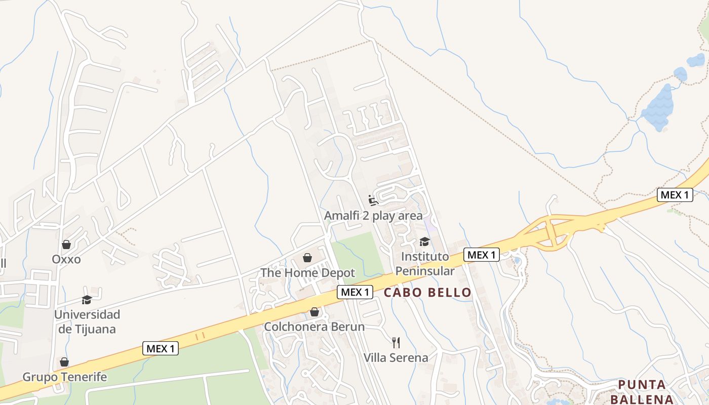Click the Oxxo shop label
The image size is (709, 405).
[x=66, y=259]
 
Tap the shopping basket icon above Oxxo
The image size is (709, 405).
[x=66, y=245]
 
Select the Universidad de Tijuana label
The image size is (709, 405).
[x=87, y=321]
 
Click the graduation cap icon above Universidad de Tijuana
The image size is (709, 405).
[x=87, y=300]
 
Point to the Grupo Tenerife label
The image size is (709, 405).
[x=65, y=377]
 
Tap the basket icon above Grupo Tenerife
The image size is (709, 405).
[x=64, y=362]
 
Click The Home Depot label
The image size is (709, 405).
[x=308, y=273]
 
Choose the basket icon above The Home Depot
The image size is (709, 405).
[x=307, y=258]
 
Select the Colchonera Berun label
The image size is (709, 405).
[x=314, y=327]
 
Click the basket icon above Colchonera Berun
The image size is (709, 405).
[x=314, y=312]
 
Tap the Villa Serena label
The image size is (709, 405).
[x=396, y=357]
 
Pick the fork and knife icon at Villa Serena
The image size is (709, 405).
[x=396, y=343]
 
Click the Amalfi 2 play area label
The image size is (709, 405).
[x=373, y=216]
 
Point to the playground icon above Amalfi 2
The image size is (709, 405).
[x=373, y=201]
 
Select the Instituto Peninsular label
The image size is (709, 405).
[x=424, y=264]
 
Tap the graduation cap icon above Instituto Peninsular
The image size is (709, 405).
[x=424, y=242]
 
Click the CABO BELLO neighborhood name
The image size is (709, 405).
[x=427, y=292]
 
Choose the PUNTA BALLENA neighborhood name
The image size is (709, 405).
[x=642, y=391]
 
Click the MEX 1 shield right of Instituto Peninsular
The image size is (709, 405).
[x=481, y=255]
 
